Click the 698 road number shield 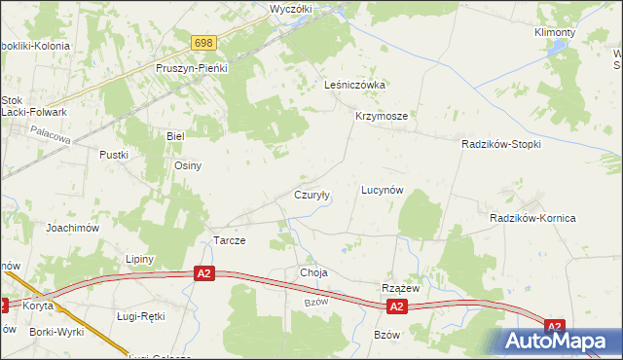coord(202,43)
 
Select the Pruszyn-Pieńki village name coord(191,68)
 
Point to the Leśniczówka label coord(355,85)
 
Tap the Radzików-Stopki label coord(500,143)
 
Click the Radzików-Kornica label coord(532,218)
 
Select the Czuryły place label coord(312,195)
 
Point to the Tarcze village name coord(229,240)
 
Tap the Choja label coord(313,273)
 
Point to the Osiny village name coord(188,165)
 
